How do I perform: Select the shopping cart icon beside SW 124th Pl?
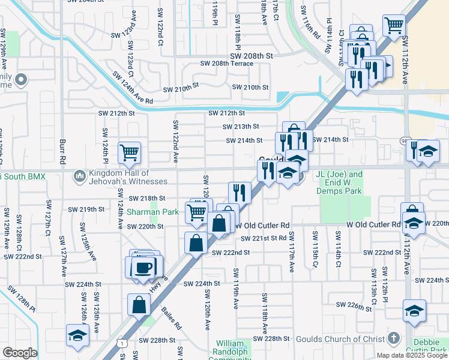(x=130, y=153)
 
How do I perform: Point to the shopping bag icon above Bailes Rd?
(x=139, y=304)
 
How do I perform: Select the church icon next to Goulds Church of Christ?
(x=394, y=338)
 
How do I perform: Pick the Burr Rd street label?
(x=62, y=153)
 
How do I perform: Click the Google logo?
(x=20, y=352)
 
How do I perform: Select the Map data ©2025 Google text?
(x=412, y=355)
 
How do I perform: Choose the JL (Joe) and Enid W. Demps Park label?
(x=340, y=182)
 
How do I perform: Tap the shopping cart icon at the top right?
(x=394, y=26)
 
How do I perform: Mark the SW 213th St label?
(x=240, y=127)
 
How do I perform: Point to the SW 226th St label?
(x=354, y=305)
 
